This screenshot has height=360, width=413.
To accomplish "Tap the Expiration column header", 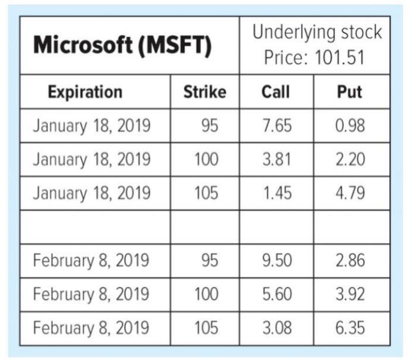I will [85, 92].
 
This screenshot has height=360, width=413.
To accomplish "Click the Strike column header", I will [204, 92].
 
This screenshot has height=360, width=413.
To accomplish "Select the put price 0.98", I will [350, 126].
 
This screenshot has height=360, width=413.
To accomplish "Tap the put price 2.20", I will [350, 160].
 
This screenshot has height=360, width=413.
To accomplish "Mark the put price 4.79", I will [350, 194].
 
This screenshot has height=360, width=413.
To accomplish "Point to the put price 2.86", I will [350, 261].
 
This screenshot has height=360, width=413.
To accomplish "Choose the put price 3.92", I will [350, 294].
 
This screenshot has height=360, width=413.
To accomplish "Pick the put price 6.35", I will [350, 327].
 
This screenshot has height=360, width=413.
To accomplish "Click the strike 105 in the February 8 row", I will [206, 327].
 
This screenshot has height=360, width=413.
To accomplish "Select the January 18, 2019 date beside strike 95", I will [92, 126].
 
